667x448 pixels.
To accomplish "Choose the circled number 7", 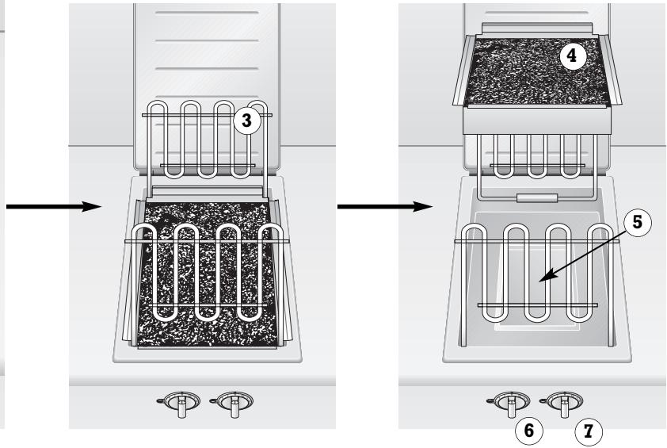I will click(587, 432).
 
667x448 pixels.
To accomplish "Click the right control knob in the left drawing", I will click(233, 402).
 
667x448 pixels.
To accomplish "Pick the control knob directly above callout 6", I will click(512, 402).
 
